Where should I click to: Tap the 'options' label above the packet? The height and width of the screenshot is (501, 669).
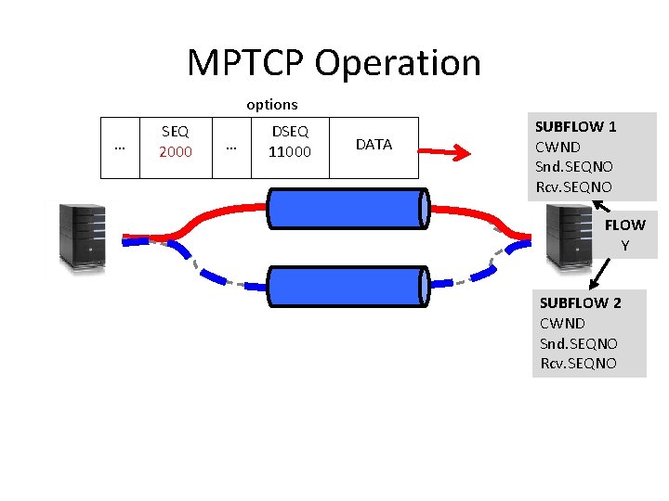(271, 105)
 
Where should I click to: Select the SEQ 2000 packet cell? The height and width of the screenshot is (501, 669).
(176, 143)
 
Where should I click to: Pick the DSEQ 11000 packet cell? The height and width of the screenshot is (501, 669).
(290, 143)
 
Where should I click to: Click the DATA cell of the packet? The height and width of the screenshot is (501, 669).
(374, 145)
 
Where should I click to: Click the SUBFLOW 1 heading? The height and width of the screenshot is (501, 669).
(576, 127)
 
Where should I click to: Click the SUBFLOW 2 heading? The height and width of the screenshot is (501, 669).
(581, 303)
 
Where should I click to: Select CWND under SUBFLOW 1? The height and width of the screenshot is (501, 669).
(558, 147)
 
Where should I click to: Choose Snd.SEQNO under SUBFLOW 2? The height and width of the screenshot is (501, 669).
(578, 343)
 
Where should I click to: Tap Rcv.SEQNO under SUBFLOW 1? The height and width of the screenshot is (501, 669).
(573, 187)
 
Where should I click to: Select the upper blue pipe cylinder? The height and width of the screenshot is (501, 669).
(348, 208)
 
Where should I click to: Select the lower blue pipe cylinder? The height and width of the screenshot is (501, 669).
(348, 286)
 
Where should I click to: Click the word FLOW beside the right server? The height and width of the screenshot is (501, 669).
(624, 225)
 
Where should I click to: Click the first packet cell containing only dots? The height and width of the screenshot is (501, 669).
(119, 147)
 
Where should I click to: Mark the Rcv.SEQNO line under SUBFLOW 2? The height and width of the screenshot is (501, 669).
(578, 364)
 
